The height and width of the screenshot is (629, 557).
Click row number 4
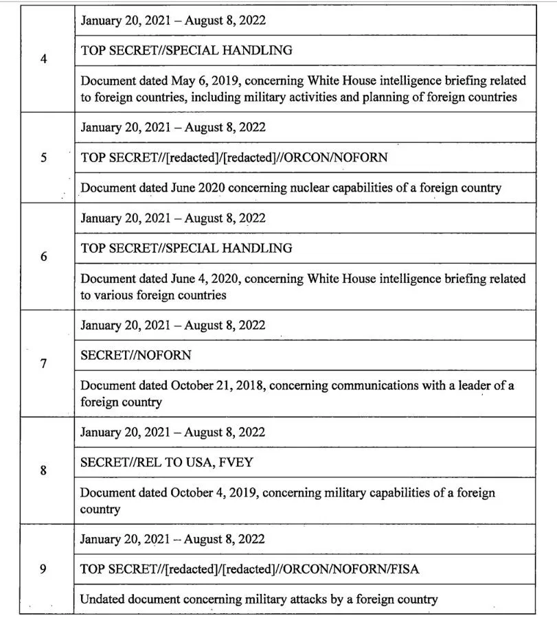44,58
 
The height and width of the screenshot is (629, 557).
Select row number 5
44,157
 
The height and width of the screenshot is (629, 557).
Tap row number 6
44,257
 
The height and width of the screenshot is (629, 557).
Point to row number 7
44,363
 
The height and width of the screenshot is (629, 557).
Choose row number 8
44,470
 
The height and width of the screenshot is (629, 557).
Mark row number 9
44,569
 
